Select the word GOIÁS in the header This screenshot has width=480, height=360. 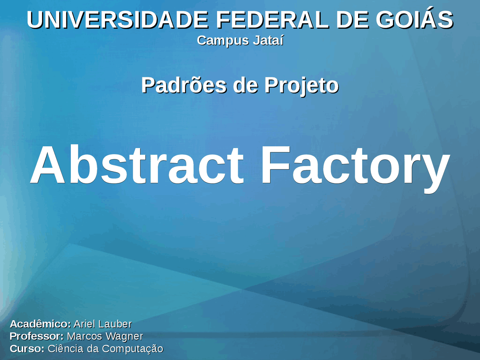414,20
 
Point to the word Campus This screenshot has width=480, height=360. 223,40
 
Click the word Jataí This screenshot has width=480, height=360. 268,40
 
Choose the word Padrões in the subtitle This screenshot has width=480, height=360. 184,85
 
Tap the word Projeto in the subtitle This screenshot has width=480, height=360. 301,86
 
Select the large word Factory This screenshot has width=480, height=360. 355,166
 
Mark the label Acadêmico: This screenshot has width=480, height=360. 40,324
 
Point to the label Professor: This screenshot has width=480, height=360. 37,336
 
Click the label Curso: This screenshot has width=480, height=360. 27,349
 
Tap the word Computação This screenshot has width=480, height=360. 132,349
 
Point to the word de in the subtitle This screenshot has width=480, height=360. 245,85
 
